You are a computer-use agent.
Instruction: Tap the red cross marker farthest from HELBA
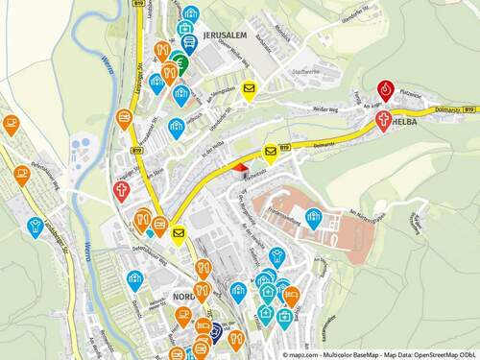(122, 188)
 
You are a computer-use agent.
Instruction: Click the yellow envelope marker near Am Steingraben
(250, 91)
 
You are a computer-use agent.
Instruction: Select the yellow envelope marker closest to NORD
(178, 231)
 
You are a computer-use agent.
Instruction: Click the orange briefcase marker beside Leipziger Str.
(124, 118)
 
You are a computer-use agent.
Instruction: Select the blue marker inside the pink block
(313, 217)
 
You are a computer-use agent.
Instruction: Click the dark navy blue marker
(217, 333)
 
